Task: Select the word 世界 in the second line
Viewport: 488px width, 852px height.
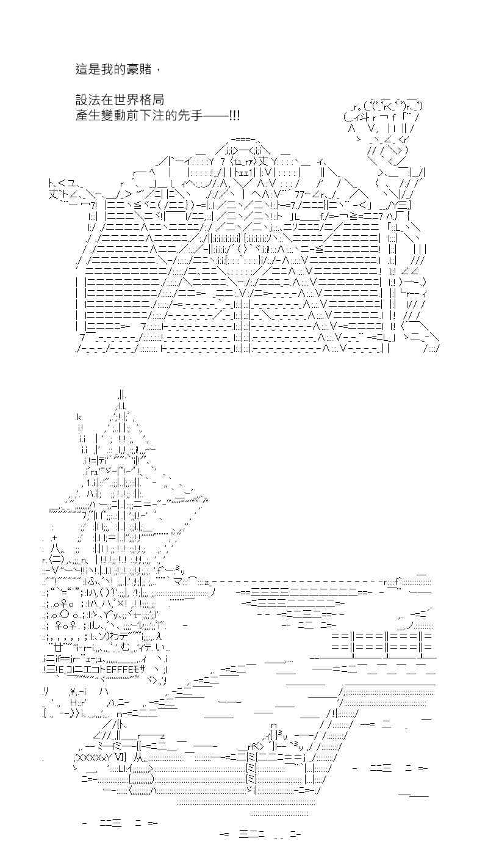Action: pos(126,100)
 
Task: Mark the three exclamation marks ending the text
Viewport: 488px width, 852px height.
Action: pos(235,115)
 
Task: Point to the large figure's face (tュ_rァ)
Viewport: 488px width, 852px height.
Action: pos(245,162)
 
